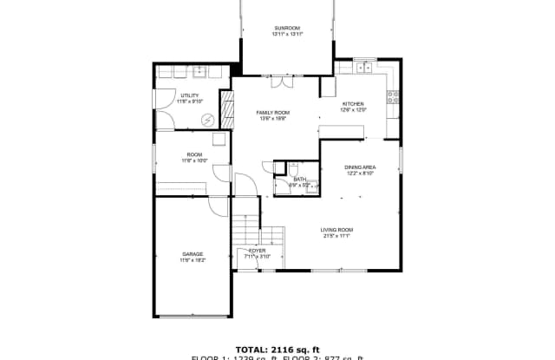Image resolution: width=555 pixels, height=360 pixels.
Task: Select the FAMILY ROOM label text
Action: click(271, 113)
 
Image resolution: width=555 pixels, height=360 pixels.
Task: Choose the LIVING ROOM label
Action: click(338, 229)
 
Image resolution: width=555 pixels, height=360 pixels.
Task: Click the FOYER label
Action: click(258, 251)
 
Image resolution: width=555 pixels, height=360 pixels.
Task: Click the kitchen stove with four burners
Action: click(395, 96)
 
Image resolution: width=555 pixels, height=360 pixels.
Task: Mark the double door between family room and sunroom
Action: click(282, 82)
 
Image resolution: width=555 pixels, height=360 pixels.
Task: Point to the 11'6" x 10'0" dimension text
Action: click(193, 161)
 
